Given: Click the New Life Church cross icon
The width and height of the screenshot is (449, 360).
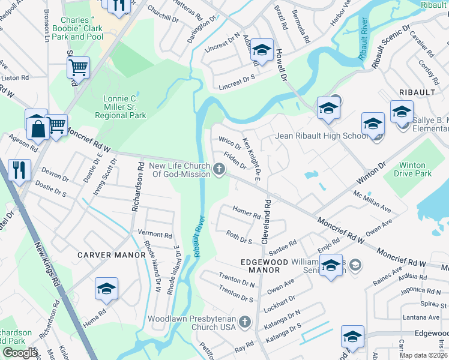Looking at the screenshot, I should click(x=220, y=170).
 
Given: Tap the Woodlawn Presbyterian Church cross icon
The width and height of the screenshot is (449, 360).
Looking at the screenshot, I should click(x=244, y=323).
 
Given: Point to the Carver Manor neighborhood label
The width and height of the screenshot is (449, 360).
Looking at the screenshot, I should click(x=112, y=255).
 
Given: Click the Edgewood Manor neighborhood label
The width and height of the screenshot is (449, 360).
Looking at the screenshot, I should click(x=265, y=262).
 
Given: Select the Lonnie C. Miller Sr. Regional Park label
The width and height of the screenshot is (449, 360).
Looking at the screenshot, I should click(x=120, y=107).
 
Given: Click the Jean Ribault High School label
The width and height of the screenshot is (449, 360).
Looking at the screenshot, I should click(x=322, y=136).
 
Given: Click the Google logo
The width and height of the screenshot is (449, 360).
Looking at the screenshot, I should click(x=20, y=353).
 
